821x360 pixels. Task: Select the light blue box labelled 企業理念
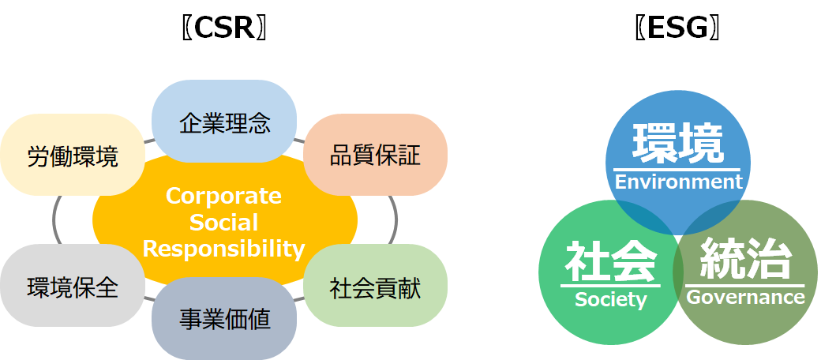(224, 122)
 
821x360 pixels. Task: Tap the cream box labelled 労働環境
(73, 155)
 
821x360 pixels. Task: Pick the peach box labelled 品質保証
(376, 155)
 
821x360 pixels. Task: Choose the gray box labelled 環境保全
(73, 286)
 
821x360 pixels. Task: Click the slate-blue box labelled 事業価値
(224, 318)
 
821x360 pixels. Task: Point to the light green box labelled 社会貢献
(376, 286)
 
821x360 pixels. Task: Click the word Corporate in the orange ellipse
(223, 197)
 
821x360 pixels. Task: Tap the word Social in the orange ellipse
(223, 223)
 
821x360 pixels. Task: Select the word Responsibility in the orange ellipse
(223, 249)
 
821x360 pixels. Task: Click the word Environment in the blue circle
(679, 182)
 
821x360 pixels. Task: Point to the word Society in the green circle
(610, 299)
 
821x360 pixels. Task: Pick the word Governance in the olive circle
(745, 297)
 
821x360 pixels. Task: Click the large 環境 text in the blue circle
(678, 143)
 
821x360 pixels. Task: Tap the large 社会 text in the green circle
(611, 261)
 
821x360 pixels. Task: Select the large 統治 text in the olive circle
(745, 258)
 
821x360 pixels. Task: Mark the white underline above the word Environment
(678, 170)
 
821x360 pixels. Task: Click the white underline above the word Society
(610, 286)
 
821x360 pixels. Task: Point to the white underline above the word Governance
(745, 286)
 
